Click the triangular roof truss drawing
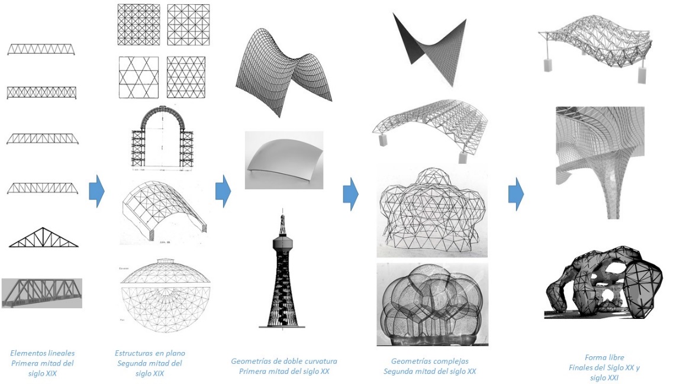pos(43,238)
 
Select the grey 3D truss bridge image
pos(42,293)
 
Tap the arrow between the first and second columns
pos(96,191)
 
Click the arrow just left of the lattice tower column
pos(223,191)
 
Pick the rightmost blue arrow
pos(516,193)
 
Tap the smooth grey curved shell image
pos(284,160)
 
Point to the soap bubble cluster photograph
pos(432,304)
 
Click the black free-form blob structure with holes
pos(604,282)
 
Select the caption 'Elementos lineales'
pos(43,353)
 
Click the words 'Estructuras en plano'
pos(150,353)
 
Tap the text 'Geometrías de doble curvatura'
pos(284,361)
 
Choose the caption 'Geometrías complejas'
pos(430,361)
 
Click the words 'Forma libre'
pos(604,357)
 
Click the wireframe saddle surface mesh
pos(283,72)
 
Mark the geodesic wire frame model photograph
pos(432,211)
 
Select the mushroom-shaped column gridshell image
pos(600,162)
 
